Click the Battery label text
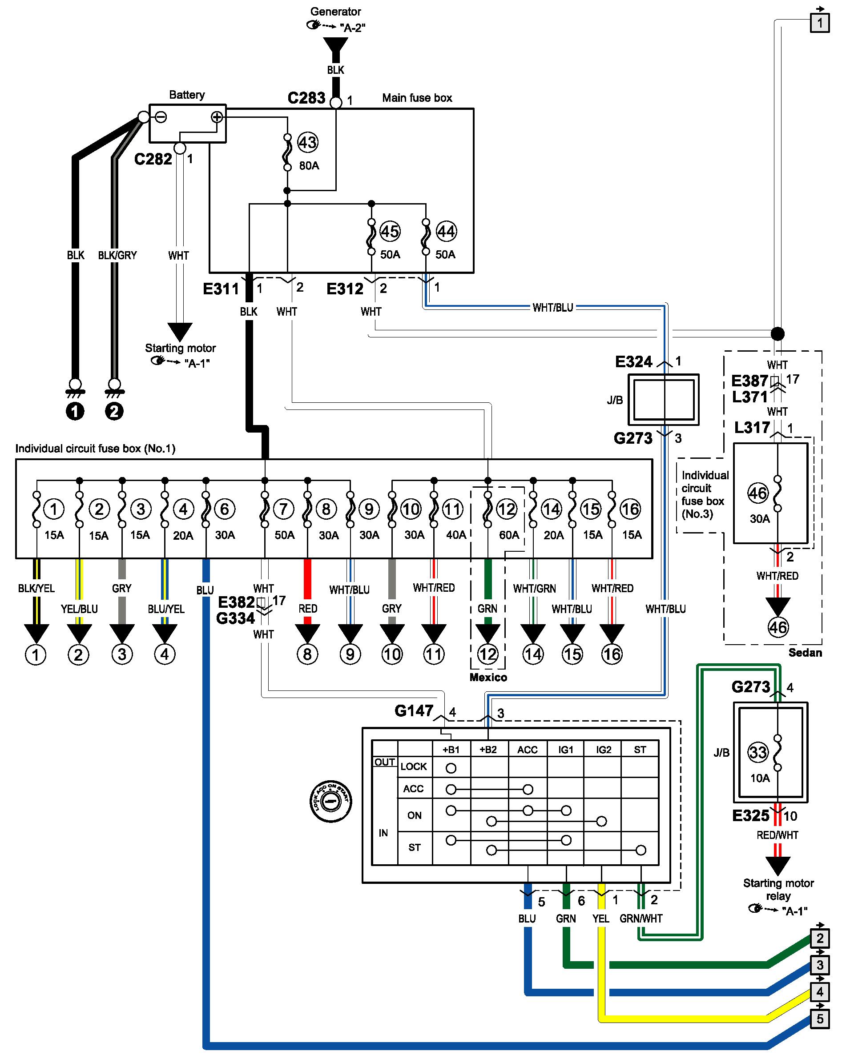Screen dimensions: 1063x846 [186, 95]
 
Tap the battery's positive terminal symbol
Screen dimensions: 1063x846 [217, 117]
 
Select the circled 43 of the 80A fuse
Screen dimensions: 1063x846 [307, 143]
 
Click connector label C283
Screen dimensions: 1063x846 [306, 98]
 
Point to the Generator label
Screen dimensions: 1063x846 [335, 12]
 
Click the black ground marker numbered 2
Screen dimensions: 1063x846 [114, 411]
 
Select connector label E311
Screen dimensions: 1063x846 [221, 289]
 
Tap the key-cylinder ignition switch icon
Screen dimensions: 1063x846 [330, 802]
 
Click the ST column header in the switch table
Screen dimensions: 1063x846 [640, 750]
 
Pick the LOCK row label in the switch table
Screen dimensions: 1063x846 [413, 766]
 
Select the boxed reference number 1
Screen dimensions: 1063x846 [820, 23]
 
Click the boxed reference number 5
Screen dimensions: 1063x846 [820, 1019]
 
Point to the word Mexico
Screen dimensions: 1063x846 [488, 678]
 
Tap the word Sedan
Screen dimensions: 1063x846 [805, 653]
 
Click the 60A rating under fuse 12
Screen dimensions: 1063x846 [508, 535]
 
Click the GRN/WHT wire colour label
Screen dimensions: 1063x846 [641, 919]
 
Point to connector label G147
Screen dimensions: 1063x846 [413, 711]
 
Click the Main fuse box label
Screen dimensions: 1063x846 [417, 98]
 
